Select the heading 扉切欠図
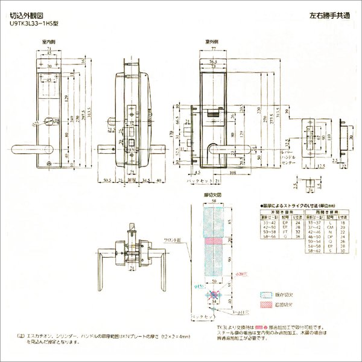tap(214, 197)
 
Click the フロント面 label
tap(173, 240)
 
